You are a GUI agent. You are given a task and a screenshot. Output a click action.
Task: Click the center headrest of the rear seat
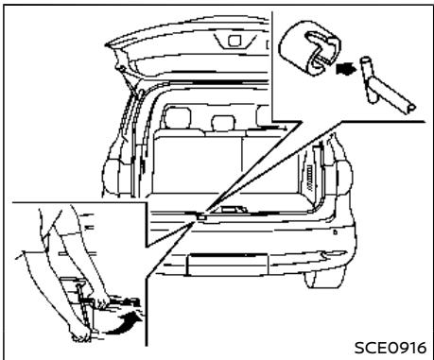(x=221, y=122)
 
